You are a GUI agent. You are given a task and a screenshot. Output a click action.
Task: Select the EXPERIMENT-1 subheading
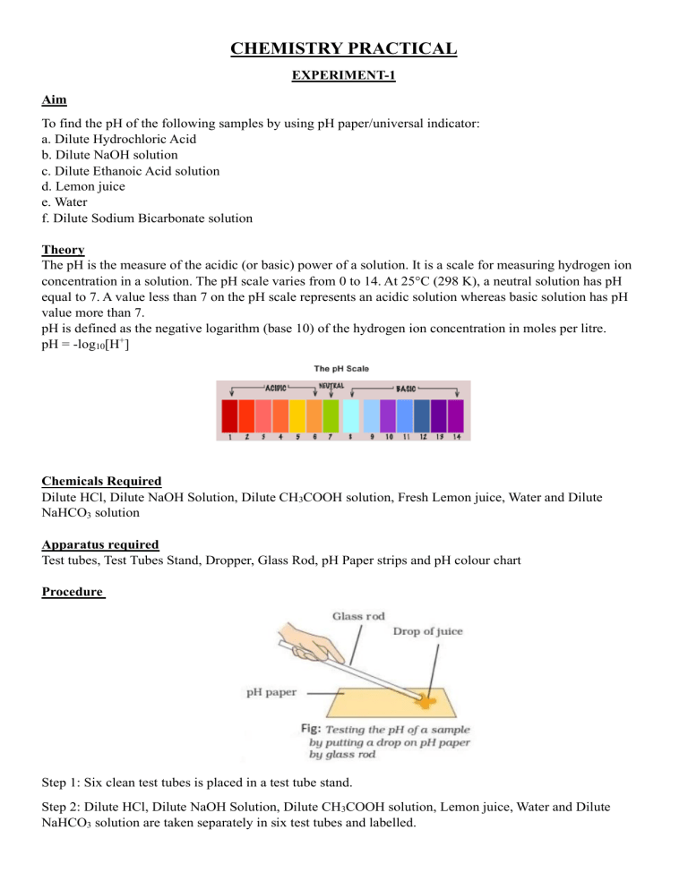click(344, 78)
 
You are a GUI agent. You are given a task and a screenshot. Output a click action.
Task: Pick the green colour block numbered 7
click(331, 415)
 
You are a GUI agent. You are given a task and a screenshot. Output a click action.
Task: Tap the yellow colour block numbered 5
click(297, 415)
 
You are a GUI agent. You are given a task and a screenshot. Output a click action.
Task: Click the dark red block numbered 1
click(230, 415)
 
